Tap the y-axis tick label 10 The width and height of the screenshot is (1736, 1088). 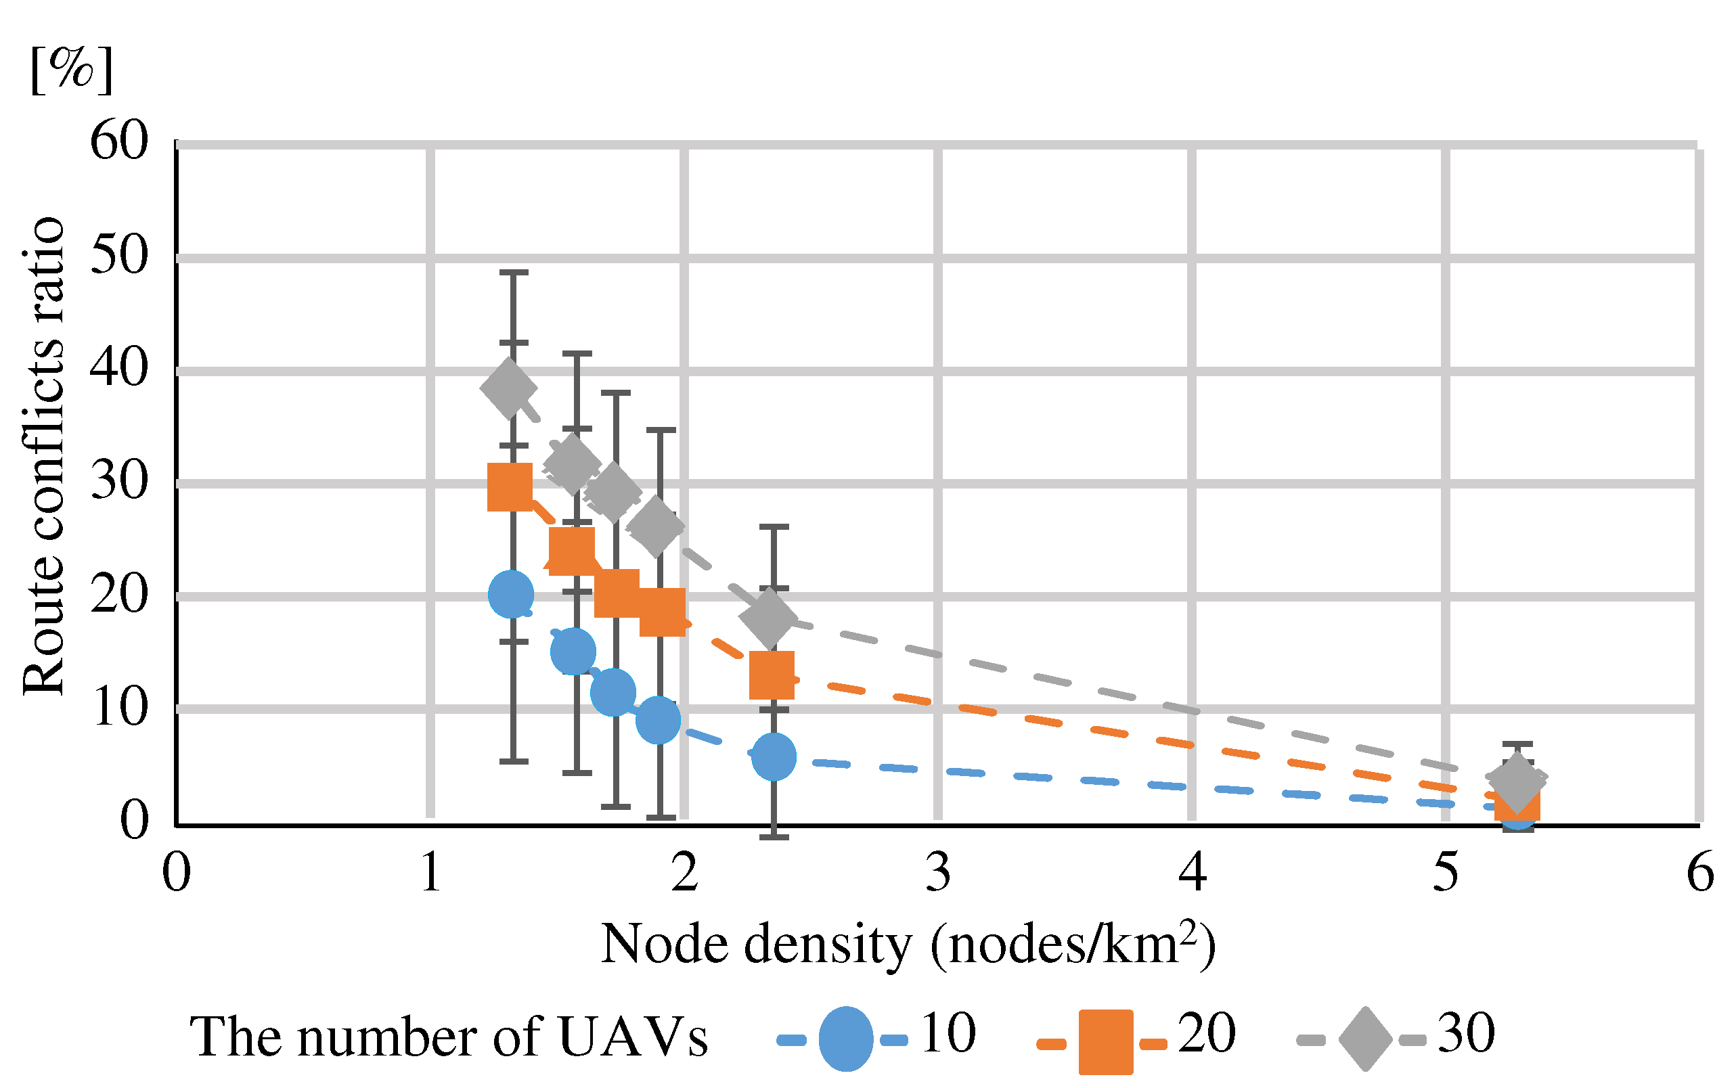(x=118, y=707)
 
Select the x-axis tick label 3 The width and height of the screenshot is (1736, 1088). (x=938, y=873)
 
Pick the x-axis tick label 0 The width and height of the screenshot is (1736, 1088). (x=177, y=873)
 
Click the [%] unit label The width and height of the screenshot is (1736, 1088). (x=71, y=70)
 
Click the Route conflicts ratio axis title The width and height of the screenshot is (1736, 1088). (x=43, y=457)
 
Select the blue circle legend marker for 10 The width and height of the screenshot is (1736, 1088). (x=846, y=1039)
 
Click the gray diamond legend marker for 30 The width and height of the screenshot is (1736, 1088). (x=1365, y=1039)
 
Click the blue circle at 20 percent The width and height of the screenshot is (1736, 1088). (x=510, y=594)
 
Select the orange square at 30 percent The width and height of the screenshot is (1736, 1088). (x=510, y=487)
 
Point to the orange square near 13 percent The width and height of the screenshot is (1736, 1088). (x=772, y=675)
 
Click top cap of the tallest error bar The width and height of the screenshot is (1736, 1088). (x=514, y=273)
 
